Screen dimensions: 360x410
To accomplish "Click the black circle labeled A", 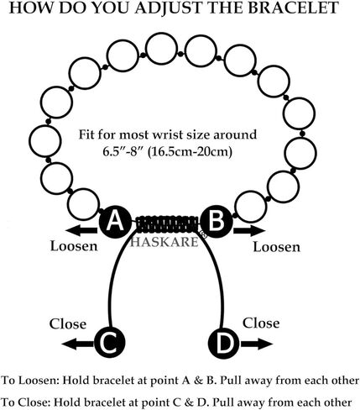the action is [x=115, y=223].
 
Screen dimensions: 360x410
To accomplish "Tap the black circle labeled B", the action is [x=217, y=223].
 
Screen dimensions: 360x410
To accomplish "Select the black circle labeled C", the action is [x=109, y=342].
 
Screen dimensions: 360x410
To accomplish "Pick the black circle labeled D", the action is [x=224, y=343].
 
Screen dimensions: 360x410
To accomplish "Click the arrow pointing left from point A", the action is [x=81, y=231].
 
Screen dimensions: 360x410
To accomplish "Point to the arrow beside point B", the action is [x=249, y=231].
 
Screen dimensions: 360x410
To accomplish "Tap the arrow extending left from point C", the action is [x=78, y=344].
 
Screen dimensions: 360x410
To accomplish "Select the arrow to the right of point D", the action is [x=256, y=344].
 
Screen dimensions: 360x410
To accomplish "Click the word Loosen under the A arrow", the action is [x=74, y=246].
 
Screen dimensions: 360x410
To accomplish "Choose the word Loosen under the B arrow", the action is [x=277, y=247].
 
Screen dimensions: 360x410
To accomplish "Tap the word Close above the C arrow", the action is [x=68, y=324].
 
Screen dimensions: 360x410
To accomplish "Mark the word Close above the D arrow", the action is [x=261, y=323].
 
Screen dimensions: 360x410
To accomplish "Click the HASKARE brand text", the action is [x=164, y=242].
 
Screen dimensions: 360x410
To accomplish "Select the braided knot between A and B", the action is [x=168, y=224].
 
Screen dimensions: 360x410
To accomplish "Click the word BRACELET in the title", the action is [x=293, y=8].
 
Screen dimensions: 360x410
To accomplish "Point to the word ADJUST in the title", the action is [x=166, y=8].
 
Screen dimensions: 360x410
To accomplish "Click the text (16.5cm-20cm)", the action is [x=190, y=152].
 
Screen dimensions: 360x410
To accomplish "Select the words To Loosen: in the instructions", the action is [x=30, y=381].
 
